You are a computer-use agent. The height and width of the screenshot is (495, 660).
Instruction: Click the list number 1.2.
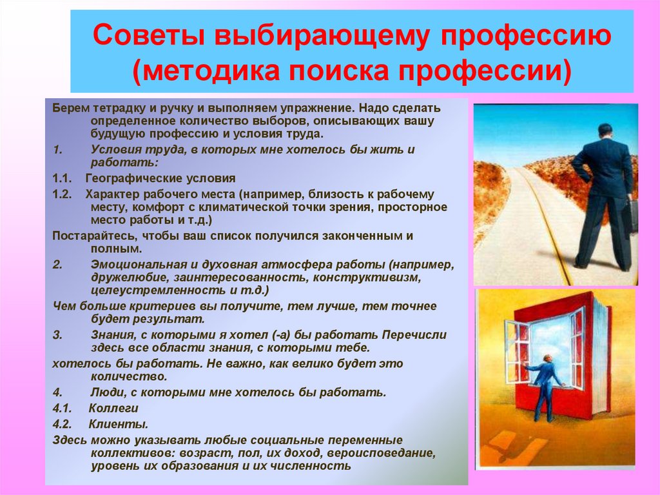63,194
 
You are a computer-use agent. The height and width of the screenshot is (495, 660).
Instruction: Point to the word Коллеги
113,409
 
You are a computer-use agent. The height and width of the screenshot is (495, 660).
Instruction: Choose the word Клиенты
119,424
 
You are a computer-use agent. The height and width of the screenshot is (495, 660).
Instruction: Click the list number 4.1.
63,409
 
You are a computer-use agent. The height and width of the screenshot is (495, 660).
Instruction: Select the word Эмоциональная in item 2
132,265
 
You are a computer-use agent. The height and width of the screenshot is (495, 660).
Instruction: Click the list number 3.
57,336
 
